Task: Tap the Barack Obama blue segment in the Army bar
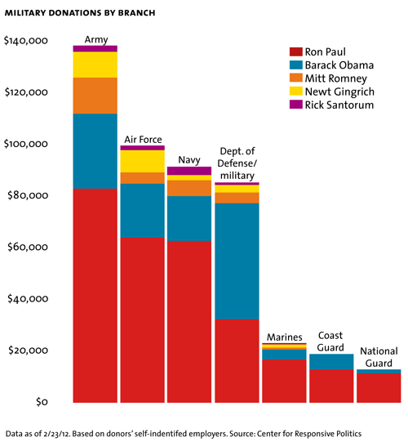pyautogui.click(x=95, y=151)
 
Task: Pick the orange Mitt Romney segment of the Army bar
pyautogui.click(x=95, y=96)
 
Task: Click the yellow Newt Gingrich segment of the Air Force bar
pyautogui.click(x=143, y=161)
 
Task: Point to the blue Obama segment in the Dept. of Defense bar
pyautogui.click(x=237, y=261)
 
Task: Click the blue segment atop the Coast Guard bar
pyautogui.click(x=330, y=361)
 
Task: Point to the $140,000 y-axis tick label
pyautogui.click(x=28, y=41)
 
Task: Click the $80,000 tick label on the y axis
pyautogui.click(x=30, y=196)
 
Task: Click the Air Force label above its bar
pyautogui.click(x=143, y=140)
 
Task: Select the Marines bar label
pyautogui.click(x=284, y=337)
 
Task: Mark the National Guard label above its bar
pyautogui.click(x=378, y=357)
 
